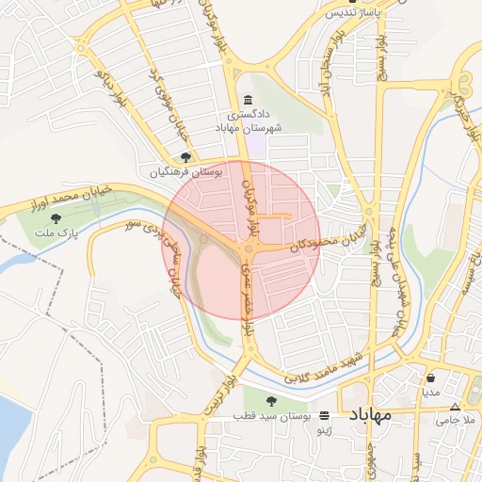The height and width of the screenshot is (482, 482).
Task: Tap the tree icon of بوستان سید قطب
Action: click(271, 401)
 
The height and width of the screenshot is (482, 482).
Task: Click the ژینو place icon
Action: click(325, 415)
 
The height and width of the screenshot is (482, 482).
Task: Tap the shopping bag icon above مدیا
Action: click(430, 377)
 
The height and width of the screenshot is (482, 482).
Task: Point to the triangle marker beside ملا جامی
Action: click(456, 407)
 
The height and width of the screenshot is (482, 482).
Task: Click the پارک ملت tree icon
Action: click(69, 218)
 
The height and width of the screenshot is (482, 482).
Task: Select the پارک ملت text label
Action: click(53, 232)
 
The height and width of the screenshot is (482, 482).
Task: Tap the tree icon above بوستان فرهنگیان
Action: click(185, 157)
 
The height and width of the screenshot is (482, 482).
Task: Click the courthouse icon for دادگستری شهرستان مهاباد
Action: click(248, 101)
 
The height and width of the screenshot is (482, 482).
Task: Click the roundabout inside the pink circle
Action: click(249, 249)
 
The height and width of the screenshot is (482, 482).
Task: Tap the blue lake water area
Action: click(11, 428)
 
